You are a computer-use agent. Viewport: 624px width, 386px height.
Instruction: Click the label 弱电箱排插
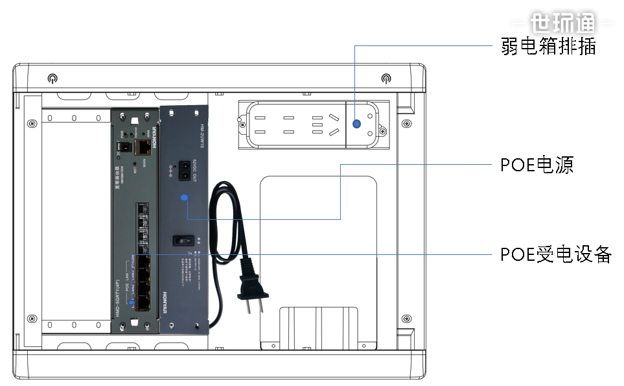tap(548, 46)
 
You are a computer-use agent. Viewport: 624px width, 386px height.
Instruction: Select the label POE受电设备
tap(556, 254)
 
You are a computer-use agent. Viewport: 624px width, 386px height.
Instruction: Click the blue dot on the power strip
tap(356, 124)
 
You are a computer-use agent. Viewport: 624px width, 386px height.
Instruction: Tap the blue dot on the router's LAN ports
tap(132, 303)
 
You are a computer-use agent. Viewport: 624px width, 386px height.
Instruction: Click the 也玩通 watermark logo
tap(562, 23)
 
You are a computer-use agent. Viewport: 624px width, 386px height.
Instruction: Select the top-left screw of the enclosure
tap(52, 79)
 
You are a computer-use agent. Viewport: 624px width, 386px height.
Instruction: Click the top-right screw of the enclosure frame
tap(386, 79)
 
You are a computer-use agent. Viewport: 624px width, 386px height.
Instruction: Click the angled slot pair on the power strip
tap(334, 125)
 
